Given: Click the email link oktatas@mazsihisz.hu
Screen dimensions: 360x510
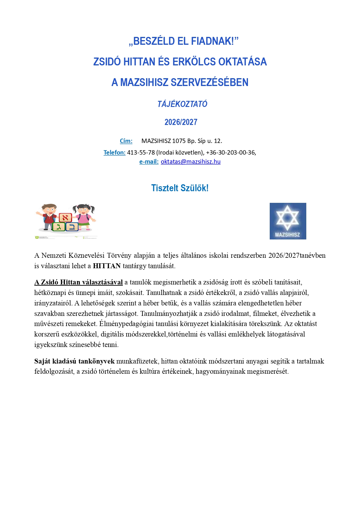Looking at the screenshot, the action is coord(190,162).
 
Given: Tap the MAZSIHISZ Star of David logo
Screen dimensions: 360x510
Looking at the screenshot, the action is coord(288,221).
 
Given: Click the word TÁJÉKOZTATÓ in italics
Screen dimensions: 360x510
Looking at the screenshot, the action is coord(182,104).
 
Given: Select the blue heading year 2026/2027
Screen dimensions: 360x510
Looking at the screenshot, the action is coord(181,122).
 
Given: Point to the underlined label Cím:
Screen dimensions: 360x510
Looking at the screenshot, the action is coord(126,141).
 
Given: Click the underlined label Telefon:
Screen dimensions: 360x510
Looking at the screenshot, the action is coord(114,153).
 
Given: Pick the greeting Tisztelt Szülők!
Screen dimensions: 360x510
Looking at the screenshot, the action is coord(180,188).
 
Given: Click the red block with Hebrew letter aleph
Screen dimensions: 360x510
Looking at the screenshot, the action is coord(65,217).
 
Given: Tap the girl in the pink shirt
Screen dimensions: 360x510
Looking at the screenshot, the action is coord(84,216).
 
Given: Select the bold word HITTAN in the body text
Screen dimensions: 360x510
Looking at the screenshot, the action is coord(107,266).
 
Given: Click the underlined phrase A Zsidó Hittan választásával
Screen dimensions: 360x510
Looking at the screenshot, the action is coord(78,282).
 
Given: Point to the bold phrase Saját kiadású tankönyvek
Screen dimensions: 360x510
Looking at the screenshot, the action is coord(74,361).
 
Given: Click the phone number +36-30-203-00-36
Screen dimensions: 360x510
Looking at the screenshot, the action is coord(231,153).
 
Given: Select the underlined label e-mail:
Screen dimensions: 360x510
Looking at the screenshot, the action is coord(149,162).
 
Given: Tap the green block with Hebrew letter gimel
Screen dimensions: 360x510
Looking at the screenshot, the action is coord(59,227).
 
